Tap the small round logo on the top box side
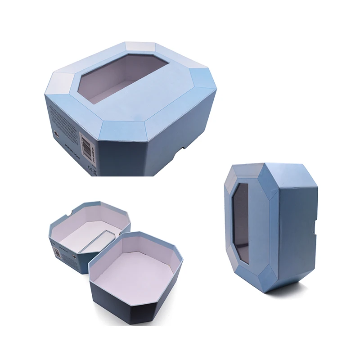click(56, 134)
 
